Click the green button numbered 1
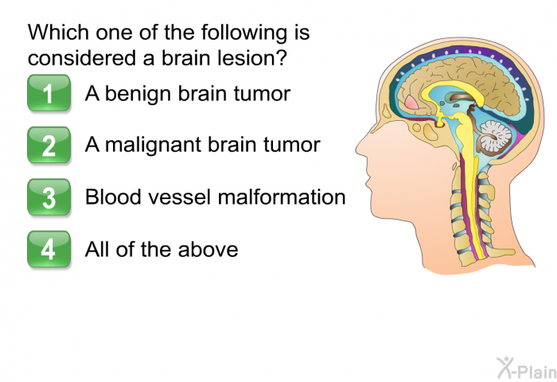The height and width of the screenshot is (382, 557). pyautogui.click(x=49, y=93)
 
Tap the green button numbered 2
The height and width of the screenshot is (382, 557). pyautogui.click(x=49, y=145)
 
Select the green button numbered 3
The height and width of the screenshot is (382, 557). pyautogui.click(x=49, y=197)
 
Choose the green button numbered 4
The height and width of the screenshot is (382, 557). pyautogui.click(x=49, y=249)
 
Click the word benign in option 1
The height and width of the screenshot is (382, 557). pyautogui.click(x=138, y=95)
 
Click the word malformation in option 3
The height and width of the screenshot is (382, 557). pyautogui.click(x=282, y=197)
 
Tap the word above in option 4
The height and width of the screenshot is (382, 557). pyautogui.click(x=208, y=249)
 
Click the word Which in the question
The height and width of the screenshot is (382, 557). pyautogui.click(x=58, y=32)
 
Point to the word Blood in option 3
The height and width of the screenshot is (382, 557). pyautogui.click(x=113, y=197)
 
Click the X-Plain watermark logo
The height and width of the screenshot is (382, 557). pyautogui.click(x=527, y=368)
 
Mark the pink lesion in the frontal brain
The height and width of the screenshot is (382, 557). pyautogui.click(x=411, y=103)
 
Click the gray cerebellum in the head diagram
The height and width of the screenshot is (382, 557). pyautogui.click(x=496, y=136)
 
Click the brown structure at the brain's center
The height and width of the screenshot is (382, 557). pyautogui.click(x=461, y=97)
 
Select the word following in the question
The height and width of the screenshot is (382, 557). pyautogui.click(x=244, y=33)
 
